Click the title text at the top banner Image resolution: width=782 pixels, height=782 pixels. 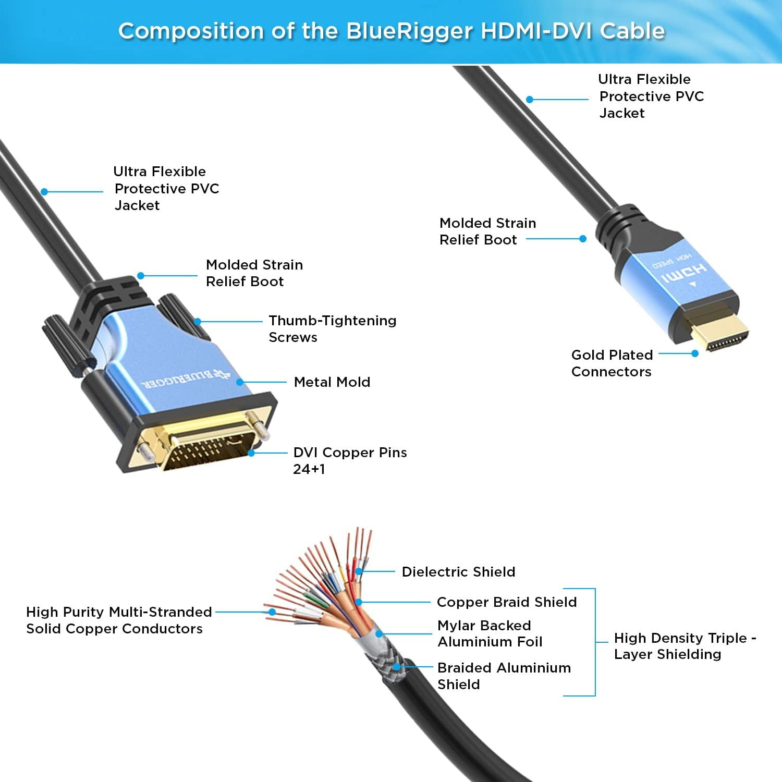click(391, 31)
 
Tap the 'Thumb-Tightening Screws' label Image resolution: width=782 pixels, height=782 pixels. click(332, 329)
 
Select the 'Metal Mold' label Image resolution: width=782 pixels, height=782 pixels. click(332, 382)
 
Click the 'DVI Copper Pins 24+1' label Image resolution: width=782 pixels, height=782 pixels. click(350, 461)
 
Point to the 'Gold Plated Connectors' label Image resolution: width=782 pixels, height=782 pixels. click(612, 363)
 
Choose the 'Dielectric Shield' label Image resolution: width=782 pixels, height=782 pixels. click(458, 572)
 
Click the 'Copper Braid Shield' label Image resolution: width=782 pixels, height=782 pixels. click(507, 602)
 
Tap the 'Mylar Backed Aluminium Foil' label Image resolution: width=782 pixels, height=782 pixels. click(490, 633)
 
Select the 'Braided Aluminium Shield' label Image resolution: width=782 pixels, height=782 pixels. click(504, 676)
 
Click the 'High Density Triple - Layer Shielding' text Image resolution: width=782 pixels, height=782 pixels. click(685, 646)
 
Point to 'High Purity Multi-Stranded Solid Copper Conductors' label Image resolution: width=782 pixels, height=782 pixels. click(119, 620)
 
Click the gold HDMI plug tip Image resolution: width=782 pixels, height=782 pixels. click(722, 334)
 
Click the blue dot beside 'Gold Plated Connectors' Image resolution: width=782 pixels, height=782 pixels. click(695, 353)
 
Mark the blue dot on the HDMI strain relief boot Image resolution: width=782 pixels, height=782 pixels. click(583, 239)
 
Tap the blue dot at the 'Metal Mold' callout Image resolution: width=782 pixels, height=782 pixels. click(240, 382)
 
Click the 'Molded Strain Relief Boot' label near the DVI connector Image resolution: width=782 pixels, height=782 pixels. click(254, 273)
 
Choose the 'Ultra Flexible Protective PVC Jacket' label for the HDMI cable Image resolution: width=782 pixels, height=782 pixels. click(651, 96)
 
